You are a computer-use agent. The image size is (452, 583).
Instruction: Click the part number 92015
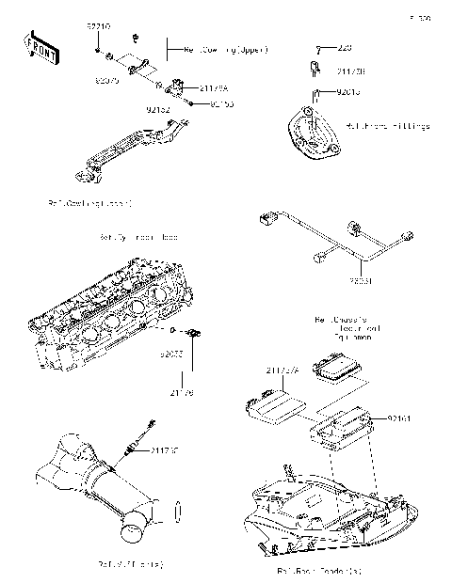point(348,93)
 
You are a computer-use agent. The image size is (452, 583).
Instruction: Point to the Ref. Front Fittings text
point(388,125)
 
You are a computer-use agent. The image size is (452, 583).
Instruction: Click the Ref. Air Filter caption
point(131,564)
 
